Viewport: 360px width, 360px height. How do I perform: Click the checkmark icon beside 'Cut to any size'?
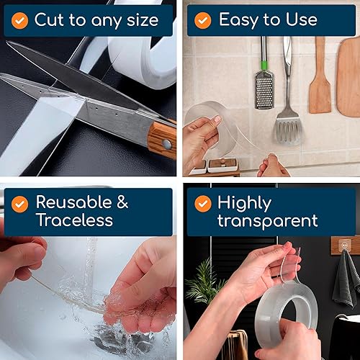pyautogui.click(x=19, y=20)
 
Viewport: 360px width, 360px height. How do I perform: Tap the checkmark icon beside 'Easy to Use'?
pyautogui.click(x=203, y=20)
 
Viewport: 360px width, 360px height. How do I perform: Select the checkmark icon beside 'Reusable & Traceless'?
pyautogui.click(x=19, y=203)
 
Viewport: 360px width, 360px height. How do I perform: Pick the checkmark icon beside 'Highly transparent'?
pyautogui.click(x=203, y=203)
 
